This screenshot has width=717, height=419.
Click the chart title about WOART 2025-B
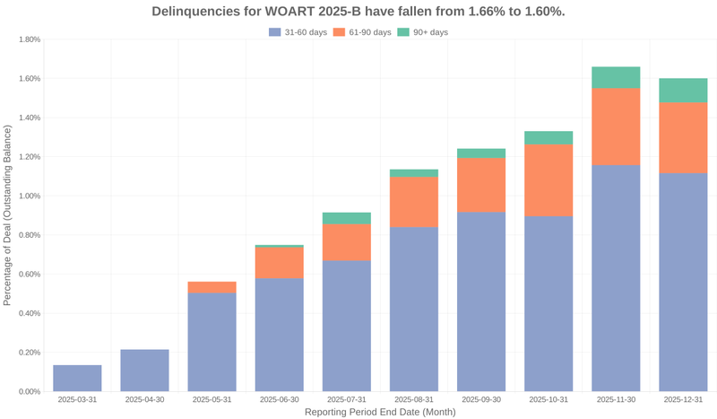pos(358,12)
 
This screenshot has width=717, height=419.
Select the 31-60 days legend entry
pos(297,32)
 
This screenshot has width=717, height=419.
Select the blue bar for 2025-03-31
pos(77,379)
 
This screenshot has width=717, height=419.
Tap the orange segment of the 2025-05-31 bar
pos(212,287)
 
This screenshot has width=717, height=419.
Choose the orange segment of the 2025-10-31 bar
pos(549,180)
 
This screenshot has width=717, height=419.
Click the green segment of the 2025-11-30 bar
pos(616,77)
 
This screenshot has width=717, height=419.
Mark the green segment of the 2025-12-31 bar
pos(683,90)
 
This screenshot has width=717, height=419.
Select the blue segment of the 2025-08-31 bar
pos(414,310)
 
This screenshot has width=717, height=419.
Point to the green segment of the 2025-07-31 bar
pos(347,218)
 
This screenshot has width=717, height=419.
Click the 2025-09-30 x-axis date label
pos(481,399)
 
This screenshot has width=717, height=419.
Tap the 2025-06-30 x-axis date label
pos(279,399)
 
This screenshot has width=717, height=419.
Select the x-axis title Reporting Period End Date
pos(380,412)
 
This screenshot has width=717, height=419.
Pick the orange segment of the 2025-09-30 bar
pos(481,185)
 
